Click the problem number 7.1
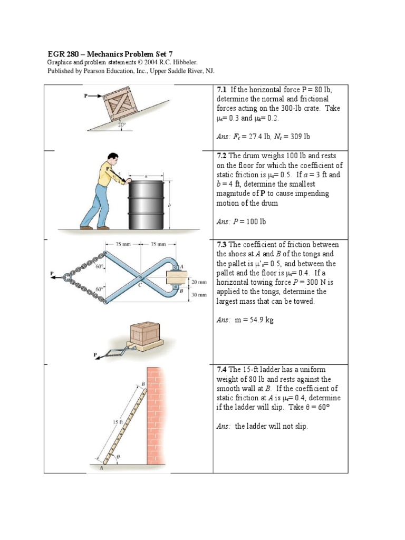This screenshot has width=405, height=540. pyautogui.click(x=223, y=89)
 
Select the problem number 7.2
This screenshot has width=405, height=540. pyautogui.click(x=223, y=156)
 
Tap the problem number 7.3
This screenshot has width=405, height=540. pyautogui.click(x=223, y=245)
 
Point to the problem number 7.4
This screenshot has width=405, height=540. pyautogui.click(x=223, y=370)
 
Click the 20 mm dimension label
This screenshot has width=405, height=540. pyautogui.click(x=198, y=283)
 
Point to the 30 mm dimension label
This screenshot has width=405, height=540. pyautogui.click(x=198, y=295)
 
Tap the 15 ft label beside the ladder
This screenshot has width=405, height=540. pyautogui.click(x=117, y=422)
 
